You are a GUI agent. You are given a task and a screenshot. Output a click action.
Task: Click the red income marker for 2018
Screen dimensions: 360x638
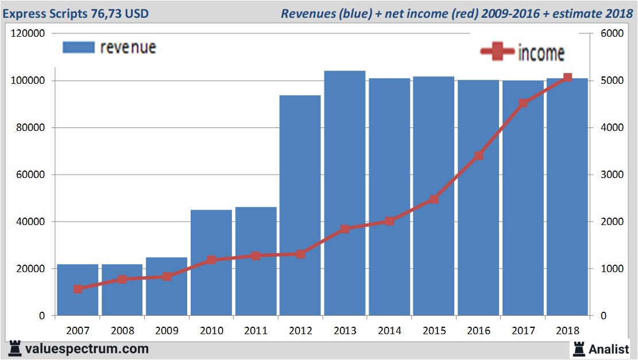567,78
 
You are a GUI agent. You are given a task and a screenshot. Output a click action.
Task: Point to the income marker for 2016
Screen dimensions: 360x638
478,156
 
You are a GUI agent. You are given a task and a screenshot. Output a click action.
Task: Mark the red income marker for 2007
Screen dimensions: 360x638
78,289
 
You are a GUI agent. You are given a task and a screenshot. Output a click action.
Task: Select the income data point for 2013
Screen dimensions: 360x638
345,229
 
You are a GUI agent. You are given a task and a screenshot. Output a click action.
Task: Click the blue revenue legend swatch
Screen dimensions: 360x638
78,48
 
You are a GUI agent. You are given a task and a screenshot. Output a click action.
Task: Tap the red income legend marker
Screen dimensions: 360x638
497,52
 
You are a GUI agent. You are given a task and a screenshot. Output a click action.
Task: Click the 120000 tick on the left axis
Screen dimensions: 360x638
28,34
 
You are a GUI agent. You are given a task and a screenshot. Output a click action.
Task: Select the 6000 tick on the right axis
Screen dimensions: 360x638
612,34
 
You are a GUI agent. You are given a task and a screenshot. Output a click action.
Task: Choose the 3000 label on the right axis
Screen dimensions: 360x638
612,175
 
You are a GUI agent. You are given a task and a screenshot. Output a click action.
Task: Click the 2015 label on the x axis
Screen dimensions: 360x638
434,331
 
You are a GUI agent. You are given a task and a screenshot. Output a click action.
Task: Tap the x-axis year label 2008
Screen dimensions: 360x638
122,331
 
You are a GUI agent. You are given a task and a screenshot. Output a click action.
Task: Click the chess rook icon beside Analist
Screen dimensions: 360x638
578,349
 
